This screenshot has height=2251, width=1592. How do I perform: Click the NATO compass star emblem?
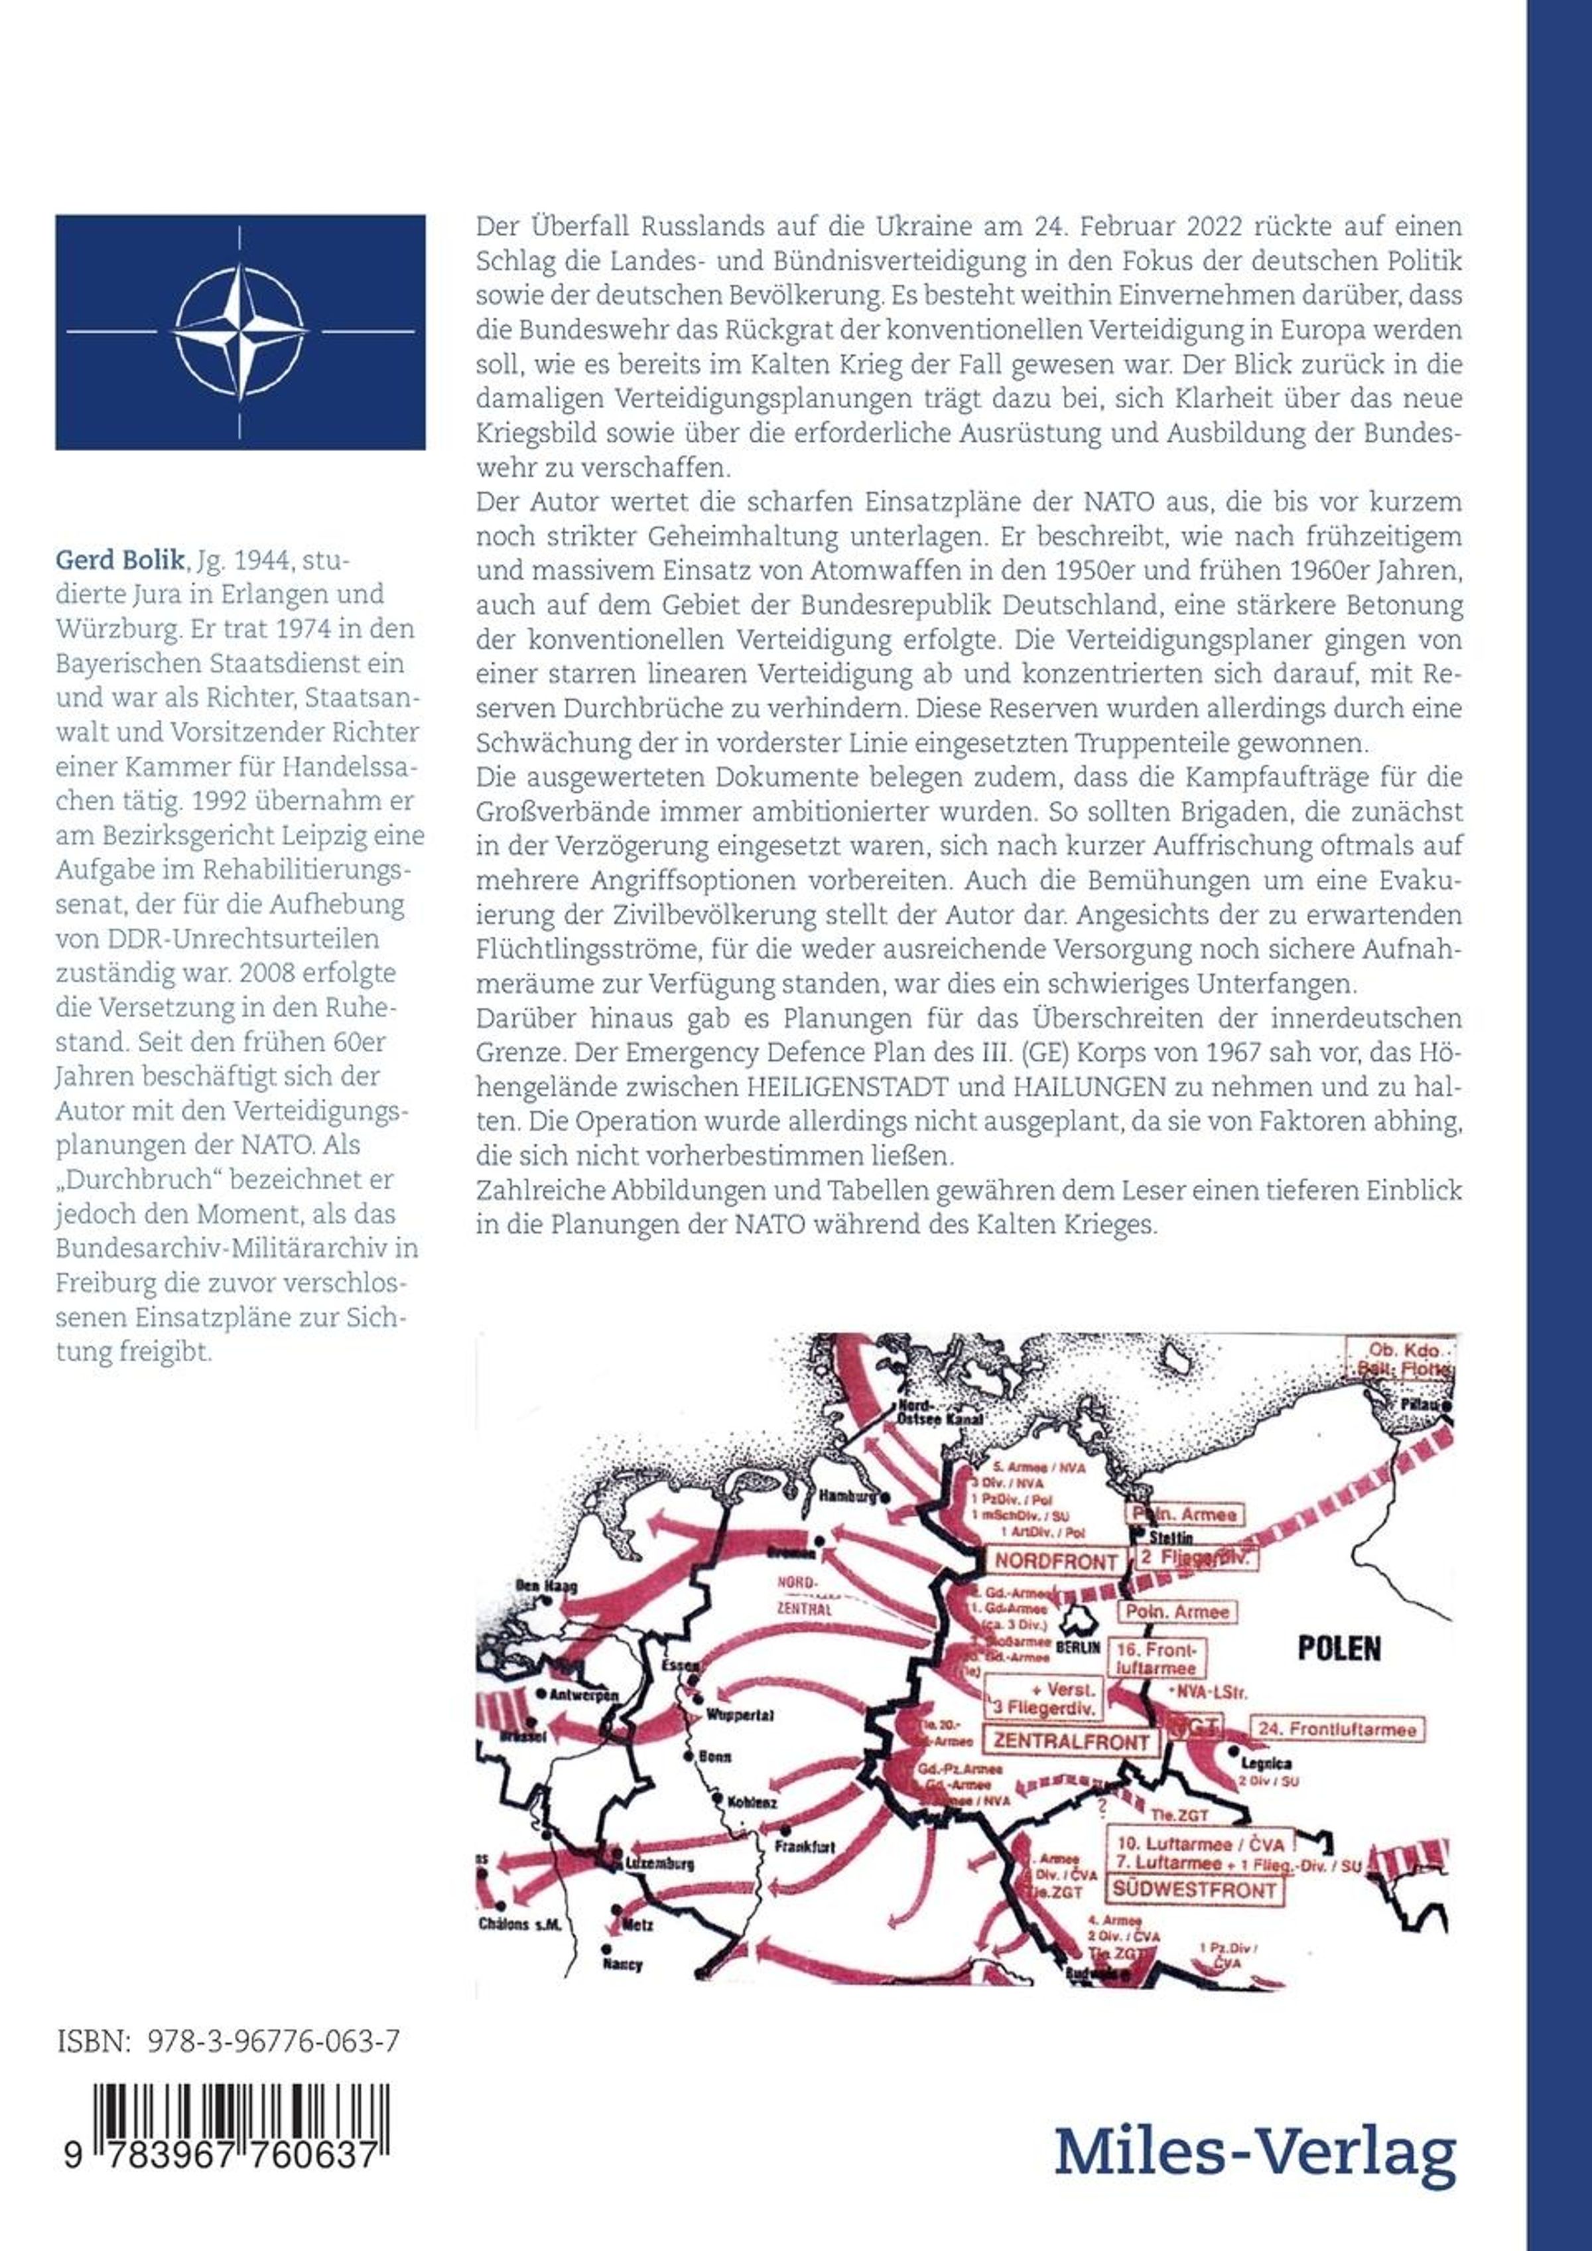coord(240,331)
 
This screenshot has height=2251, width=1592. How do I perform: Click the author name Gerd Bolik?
coord(119,560)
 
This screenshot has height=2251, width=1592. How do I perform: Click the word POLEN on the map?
coord(1339,1648)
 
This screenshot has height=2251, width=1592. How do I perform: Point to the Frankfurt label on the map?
coord(804,1846)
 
